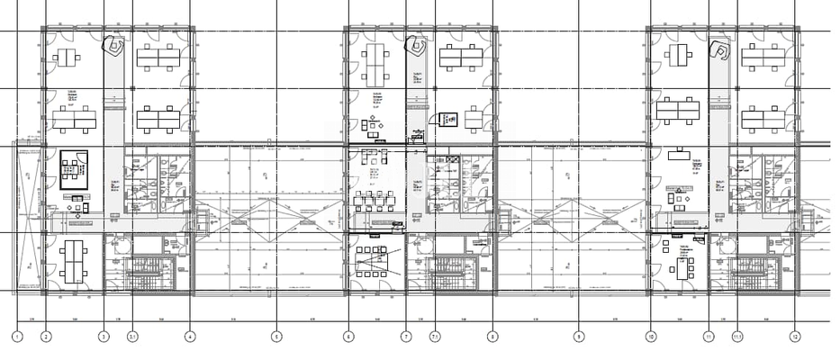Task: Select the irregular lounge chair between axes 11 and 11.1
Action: click(720, 49)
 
